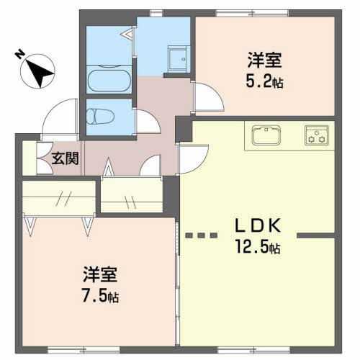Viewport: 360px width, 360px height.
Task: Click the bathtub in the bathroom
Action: click(x=109, y=81)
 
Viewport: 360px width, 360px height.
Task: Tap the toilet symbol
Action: click(x=100, y=117)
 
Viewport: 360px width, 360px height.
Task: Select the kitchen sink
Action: click(x=266, y=135)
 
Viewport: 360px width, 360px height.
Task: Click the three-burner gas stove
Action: click(x=317, y=135)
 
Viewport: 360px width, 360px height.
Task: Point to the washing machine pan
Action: click(x=177, y=58)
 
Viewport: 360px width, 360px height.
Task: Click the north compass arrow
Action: click(x=38, y=71)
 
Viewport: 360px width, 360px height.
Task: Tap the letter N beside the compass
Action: click(x=19, y=54)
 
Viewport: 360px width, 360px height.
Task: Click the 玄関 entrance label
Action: click(x=66, y=158)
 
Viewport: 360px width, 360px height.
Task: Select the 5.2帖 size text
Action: click(x=264, y=81)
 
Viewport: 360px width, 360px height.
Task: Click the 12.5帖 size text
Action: click(x=258, y=246)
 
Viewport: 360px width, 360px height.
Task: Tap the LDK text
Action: click(x=258, y=226)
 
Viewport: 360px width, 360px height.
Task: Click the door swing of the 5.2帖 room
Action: click(x=208, y=97)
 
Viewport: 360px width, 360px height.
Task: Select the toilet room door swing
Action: click(x=148, y=121)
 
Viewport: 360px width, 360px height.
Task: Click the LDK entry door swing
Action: click(x=194, y=159)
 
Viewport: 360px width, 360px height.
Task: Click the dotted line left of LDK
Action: click(x=202, y=235)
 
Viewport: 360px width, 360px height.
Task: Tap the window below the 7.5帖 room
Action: click(x=84, y=350)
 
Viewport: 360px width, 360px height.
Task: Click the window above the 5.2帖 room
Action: click(x=252, y=13)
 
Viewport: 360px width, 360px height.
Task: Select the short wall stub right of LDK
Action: click(x=316, y=235)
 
